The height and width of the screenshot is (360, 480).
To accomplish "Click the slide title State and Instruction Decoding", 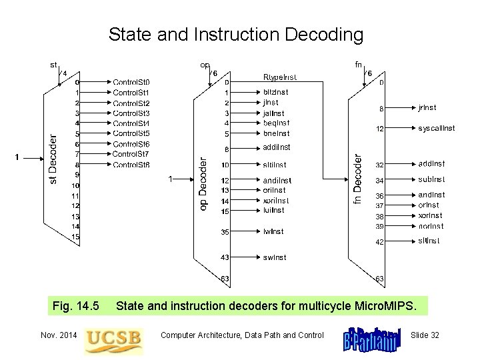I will point(236,34).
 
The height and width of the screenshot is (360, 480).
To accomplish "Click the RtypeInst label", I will point(280,77).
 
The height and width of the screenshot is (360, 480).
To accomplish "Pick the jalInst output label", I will point(275,113).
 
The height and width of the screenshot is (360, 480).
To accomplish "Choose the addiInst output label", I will point(277,147).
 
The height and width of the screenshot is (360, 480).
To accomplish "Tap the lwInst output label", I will point(273,232).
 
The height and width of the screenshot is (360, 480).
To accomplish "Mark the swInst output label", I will point(275,257).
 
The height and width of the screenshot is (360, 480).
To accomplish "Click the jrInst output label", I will point(427,107).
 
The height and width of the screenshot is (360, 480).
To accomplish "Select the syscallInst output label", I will point(437,128).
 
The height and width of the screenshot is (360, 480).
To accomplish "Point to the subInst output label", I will point(432,179).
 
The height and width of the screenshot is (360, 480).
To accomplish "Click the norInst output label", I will point(431,226).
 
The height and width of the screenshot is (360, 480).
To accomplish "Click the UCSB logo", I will point(113,337).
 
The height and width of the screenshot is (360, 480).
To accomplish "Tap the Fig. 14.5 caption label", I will point(75,307).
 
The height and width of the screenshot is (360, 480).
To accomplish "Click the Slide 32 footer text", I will point(425,335).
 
